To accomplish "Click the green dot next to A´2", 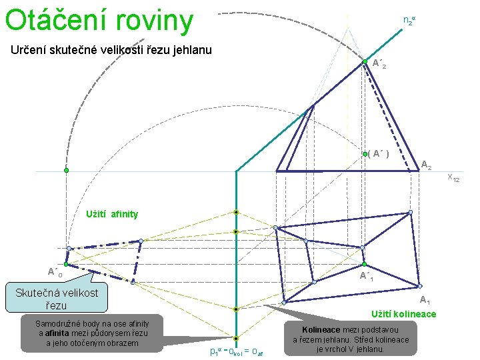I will [x=365, y=61].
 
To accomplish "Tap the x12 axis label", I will [x=453, y=177].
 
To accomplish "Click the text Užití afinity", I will [x=112, y=214].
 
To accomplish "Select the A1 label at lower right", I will [x=424, y=301].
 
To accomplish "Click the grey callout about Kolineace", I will [x=350, y=339].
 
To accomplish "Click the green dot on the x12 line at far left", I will [x=66, y=171].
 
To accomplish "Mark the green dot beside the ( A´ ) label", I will [x=365, y=154].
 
